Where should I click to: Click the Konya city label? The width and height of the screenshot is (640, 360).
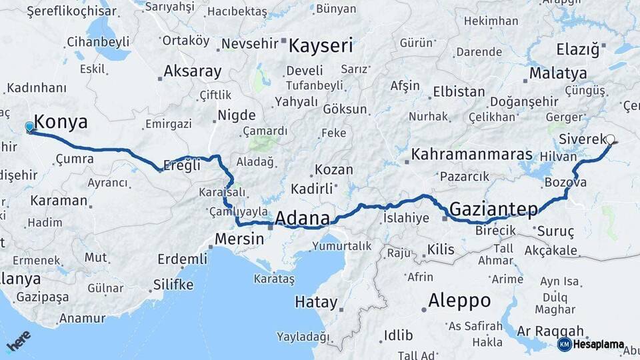[x=61, y=122]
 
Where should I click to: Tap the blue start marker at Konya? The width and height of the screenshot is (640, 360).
[x=29, y=127]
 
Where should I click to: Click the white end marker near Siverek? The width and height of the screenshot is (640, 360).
[x=610, y=140]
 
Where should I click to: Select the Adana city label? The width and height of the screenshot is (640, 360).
[x=302, y=219]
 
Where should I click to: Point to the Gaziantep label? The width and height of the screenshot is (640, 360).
[x=493, y=209]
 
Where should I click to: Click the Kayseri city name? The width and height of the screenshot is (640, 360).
[x=321, y=46]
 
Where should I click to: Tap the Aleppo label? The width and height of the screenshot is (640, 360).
[x=459, y=300]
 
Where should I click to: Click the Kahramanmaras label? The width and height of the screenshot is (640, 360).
[x=472, y=155]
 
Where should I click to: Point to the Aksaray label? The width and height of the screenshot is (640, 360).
[x=192, y=71]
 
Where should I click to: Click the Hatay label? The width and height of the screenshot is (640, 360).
[x=316, y=302]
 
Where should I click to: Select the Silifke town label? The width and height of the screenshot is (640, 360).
[x=173, y=285]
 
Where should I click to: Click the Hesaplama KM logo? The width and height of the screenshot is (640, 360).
[x=591, y=345]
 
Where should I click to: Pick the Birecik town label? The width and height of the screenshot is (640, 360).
[x=497, y=231]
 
